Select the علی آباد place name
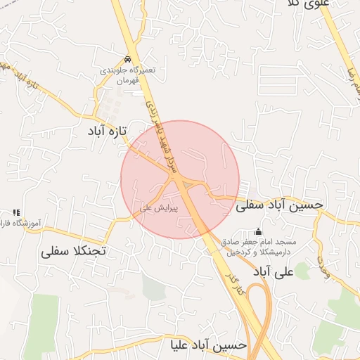pos(271,271)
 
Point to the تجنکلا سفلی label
pos(72,250)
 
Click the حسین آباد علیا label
pos(209,345)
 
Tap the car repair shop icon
pos(127,59)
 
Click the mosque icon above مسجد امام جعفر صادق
pos(259,231)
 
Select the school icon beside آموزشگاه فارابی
pos(16,212)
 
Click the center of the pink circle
pos(180,179)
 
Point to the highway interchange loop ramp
pos(259,309)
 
